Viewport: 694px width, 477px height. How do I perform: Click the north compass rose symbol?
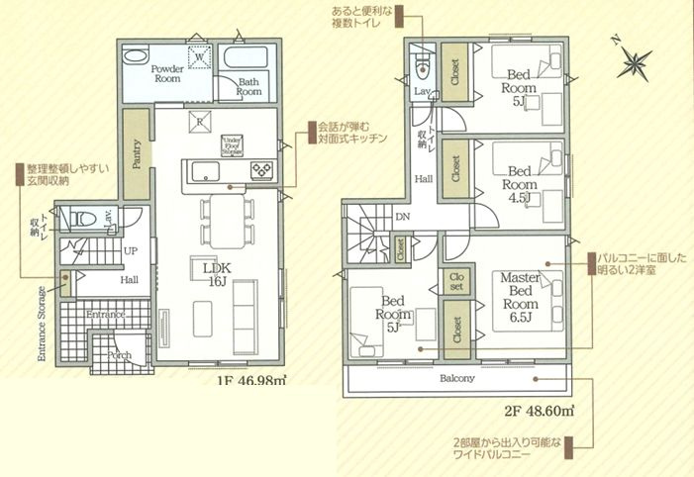pos(631,62)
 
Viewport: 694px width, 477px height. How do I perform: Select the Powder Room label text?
pos(168,76)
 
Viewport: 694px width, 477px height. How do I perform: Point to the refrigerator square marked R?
pos(200,123)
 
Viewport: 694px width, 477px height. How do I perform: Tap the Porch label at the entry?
pos(119,352)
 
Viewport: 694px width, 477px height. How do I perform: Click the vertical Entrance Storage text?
pos(42,324)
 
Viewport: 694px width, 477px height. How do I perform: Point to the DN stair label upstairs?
pos(402,216)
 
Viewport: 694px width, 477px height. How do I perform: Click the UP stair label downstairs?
pos(130,251)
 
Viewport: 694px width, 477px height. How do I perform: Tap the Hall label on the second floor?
pos(424,179)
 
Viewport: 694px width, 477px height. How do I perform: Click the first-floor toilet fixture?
pos(85,217)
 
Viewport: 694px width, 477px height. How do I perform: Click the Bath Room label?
pos(248,86)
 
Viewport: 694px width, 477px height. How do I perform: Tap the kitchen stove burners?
pos(263,169)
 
